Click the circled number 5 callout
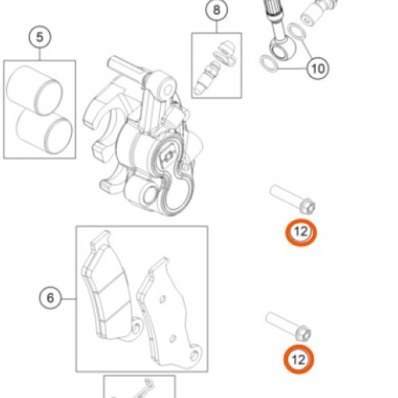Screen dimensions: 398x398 40,37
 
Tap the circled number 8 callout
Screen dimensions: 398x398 217,10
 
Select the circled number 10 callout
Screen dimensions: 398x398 318,68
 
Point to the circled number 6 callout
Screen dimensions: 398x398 50,298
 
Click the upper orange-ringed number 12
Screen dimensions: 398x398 301,232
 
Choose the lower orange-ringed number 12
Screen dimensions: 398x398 298,360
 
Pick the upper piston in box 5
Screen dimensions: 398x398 34,90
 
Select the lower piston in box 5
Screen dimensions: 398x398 45,131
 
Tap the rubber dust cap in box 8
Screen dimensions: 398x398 225,53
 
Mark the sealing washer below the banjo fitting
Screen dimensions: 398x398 269,64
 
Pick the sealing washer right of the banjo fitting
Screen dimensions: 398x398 296,30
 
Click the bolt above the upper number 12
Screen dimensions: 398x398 293,199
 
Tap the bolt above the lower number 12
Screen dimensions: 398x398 289,326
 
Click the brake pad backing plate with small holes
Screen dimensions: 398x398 170,313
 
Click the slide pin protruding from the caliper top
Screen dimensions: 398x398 125,66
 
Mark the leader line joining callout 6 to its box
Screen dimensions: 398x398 68,298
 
